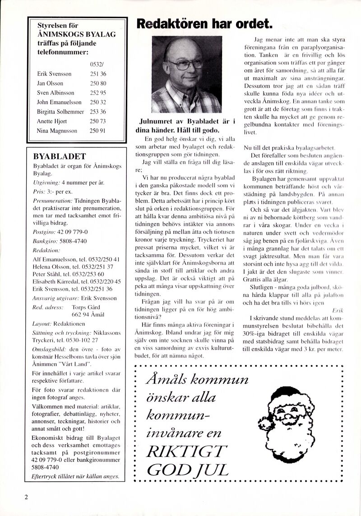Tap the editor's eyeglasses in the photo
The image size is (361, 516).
[185, 64]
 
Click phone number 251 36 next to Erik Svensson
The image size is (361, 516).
[98, 73]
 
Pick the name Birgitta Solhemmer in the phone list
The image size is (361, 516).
[60, 112]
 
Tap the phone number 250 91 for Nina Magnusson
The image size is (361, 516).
[98, 131]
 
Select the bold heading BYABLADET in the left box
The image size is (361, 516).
[60, 156]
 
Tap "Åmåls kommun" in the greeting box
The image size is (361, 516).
[197, 379]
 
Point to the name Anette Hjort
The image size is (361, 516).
[51, 121]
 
